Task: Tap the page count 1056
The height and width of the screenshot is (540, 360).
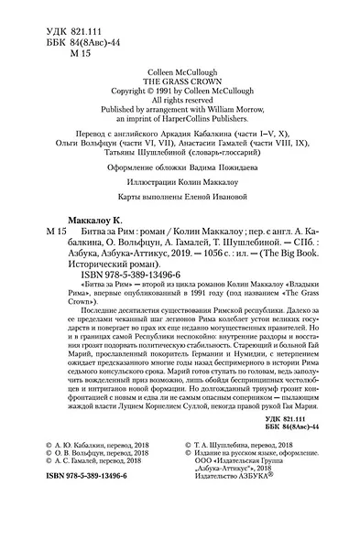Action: [221, 298]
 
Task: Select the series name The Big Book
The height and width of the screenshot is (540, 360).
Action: [314, 298]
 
